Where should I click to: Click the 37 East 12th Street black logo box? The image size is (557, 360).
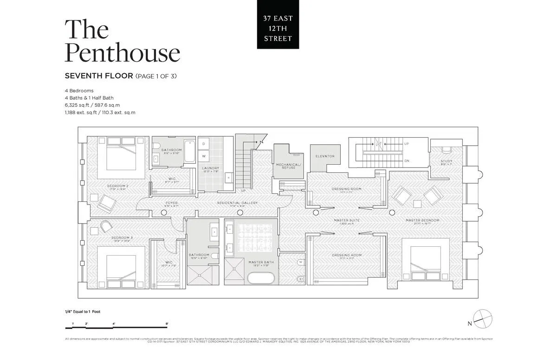pos(278,24)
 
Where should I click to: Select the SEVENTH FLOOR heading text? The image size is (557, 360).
pos(99,76)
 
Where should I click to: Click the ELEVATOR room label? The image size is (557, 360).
pos(325,156)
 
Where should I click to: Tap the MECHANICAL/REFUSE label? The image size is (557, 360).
pos(288,166)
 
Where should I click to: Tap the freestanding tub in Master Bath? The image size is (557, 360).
pos(260,278)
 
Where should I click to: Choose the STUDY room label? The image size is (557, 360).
pos(446,161)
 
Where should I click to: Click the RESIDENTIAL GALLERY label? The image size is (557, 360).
pos(237,203)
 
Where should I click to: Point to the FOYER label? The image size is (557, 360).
pos(172,203)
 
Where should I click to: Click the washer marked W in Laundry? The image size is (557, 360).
pos(203,156)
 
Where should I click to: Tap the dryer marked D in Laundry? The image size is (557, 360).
pos(203,144)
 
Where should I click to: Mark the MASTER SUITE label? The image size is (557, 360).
pos(347,220)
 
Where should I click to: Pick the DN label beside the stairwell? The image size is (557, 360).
pos(407,161)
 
